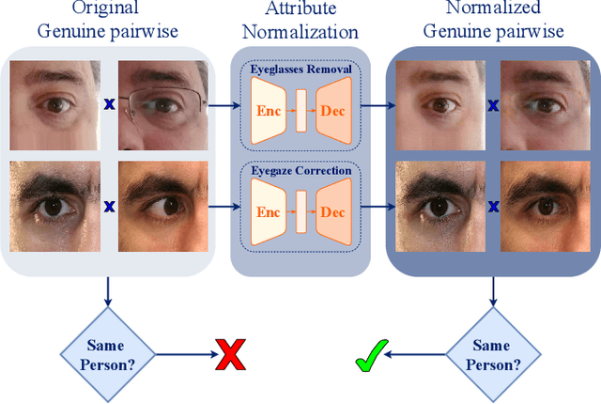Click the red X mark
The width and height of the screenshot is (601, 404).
coord(230,357)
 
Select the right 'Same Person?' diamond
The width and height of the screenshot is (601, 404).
coord(491,356)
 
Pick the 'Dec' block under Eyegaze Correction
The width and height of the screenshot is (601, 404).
coord(332,212)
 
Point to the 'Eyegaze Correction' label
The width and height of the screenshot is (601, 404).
coord(300,170)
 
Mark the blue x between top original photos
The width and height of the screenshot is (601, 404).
coord(109,106)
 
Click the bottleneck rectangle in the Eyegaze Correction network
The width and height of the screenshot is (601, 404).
coord(300,212)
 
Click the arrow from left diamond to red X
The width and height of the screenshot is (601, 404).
coord(182,356)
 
